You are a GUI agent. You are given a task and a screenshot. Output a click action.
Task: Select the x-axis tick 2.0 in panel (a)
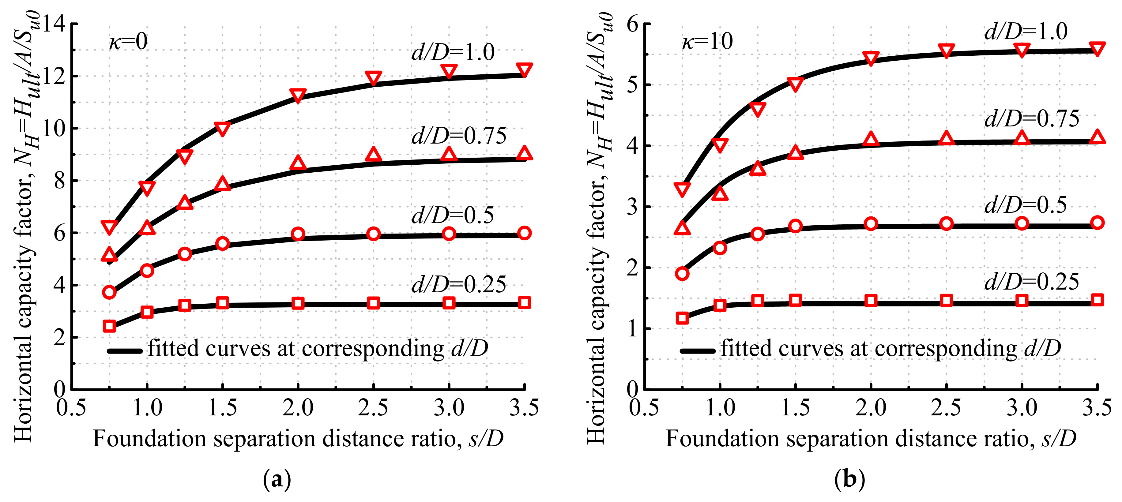point(298,408)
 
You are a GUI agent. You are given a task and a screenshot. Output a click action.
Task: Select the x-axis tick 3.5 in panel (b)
point(1097,408)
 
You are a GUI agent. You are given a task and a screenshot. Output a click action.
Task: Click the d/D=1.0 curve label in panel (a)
point(453,53)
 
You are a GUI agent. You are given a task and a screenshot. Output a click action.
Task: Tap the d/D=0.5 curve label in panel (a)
point(453,215)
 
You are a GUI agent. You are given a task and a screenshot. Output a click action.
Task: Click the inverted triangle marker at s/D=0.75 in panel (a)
point(109,227)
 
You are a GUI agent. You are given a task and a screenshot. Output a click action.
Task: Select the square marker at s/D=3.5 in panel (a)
point(525,303)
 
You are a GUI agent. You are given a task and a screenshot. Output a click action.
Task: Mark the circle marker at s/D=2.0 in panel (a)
point(298,234)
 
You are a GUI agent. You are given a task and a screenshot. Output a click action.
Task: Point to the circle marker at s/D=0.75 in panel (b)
point(682,273)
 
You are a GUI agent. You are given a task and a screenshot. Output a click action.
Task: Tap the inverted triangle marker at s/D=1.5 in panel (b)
point(795,84)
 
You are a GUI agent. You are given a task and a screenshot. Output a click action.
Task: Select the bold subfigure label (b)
point(849,479)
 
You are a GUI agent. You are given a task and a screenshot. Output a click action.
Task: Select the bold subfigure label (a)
point(277,479)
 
